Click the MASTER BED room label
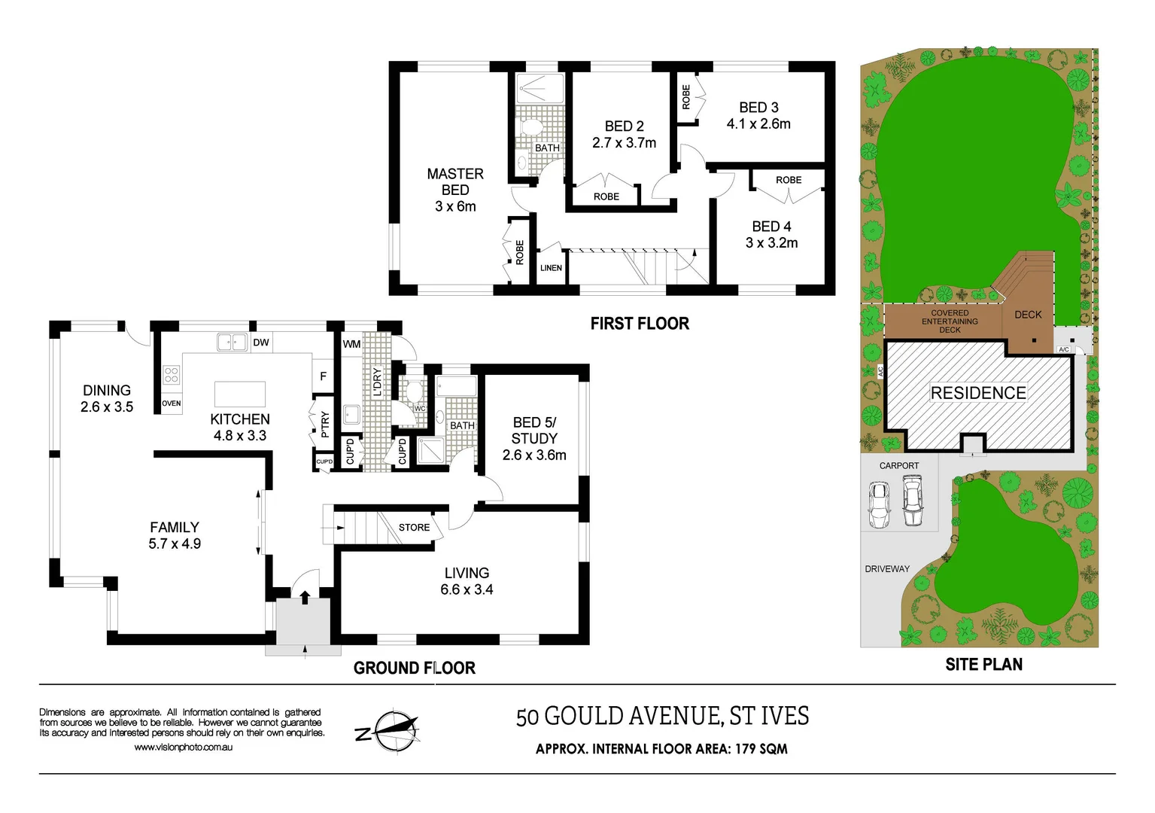coord(455,182)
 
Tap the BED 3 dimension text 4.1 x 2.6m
coord(758,124)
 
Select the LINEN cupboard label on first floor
coord(551,268)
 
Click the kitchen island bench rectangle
coord(240,394)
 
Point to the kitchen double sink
coord(233,342)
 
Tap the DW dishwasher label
coord(261,343)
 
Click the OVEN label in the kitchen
coord(172,403)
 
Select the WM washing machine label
coord(351,344)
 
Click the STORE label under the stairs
coord(414,528)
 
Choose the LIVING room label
coord(467,573)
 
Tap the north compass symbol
coord(388,730)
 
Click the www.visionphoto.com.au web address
coord(183,748)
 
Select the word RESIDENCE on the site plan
coord(978,393)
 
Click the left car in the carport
coord(879,504)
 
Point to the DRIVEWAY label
coord(887,569)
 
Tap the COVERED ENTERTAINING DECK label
coord(950,321)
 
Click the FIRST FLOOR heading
coord(640,324)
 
